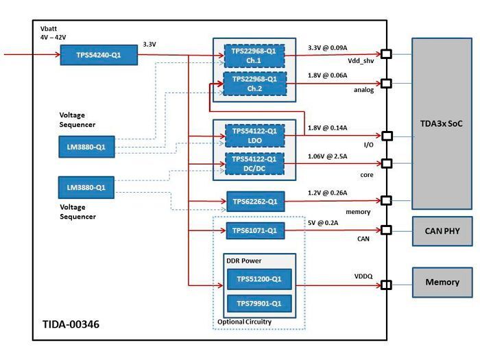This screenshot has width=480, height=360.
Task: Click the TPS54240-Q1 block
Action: tap(98, 55)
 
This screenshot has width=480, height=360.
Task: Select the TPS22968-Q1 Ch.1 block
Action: tap(254, 55)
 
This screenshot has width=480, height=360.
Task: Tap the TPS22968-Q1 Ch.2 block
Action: tap(254, 83)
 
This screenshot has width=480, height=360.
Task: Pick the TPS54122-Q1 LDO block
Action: tap(254, 135)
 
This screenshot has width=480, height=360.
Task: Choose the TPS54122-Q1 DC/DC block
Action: tap(254, 163)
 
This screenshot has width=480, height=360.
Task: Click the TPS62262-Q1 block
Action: tap(254, 202)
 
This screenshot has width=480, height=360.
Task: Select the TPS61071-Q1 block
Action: tap(254, 231)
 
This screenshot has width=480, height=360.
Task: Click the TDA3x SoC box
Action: tap(442, 123)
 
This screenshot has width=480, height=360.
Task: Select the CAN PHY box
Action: tap(442, 231)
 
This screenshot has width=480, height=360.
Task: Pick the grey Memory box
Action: tap(442, 282)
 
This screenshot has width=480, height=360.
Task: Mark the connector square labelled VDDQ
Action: tap(386, 285)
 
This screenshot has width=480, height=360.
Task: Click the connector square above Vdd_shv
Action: tap(386, 54)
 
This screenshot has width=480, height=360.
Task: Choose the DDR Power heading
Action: tap(243, 261)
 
